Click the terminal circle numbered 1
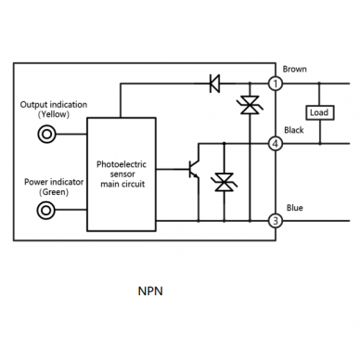275,84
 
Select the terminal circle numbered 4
275,144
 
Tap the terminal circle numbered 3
275,221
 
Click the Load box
320,113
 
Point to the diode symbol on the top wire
214,84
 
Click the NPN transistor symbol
194,170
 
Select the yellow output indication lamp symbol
46,135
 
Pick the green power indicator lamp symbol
46,211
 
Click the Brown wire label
294,69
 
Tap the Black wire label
294,130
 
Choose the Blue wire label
294,208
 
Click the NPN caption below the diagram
150,291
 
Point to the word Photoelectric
122,164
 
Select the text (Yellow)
54,114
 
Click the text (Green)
54,192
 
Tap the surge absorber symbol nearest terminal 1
250,105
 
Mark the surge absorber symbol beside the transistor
224,182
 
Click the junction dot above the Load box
319,84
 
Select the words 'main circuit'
122,184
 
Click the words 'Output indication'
54,105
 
